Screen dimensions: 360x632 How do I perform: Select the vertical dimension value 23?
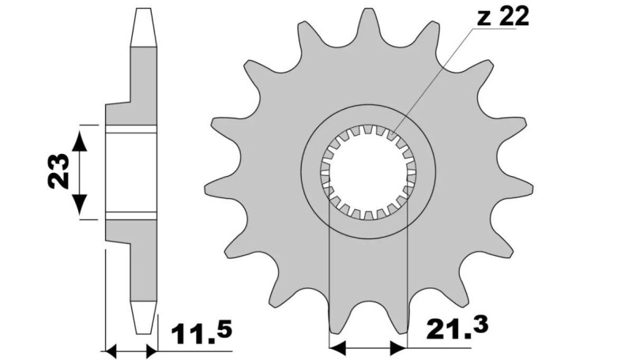point(56,171)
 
